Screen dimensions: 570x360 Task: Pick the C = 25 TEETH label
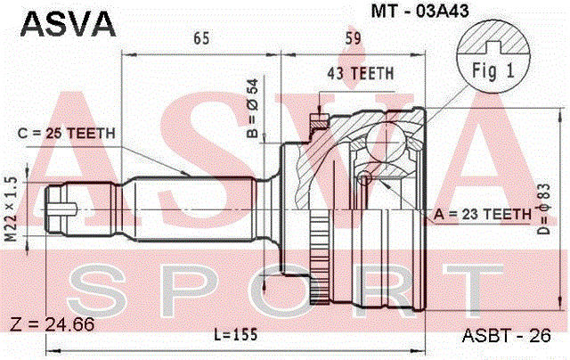[x=67, y=134]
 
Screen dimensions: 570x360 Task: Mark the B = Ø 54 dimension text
[x=252, y=109]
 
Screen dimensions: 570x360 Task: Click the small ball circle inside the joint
[x=363, y=181]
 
